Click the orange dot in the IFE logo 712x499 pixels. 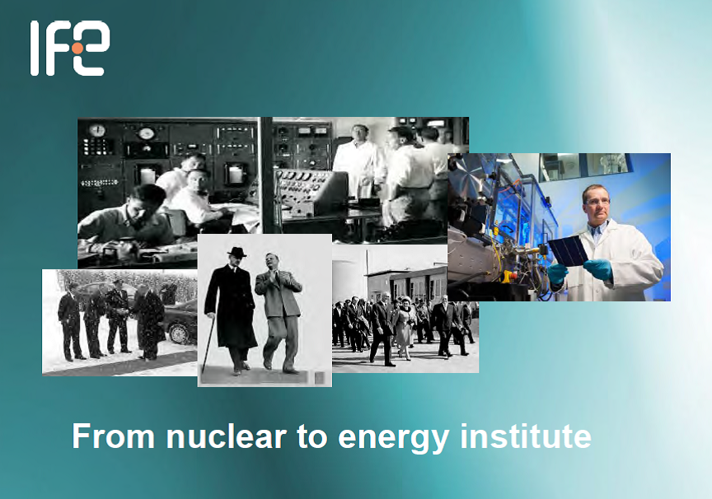point(77,48)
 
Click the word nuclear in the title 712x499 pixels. point(226,436)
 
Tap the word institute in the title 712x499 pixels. point(526,436)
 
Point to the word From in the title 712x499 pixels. point(114,436)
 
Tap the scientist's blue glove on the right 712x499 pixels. point(598,269)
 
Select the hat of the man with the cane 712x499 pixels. point(237,252)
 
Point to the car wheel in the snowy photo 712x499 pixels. point(180,333)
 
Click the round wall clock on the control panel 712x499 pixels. point(97,130)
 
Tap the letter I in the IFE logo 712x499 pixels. point(35,48)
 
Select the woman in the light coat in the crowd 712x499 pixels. point(403,326)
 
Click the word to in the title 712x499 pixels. point(312,436)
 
